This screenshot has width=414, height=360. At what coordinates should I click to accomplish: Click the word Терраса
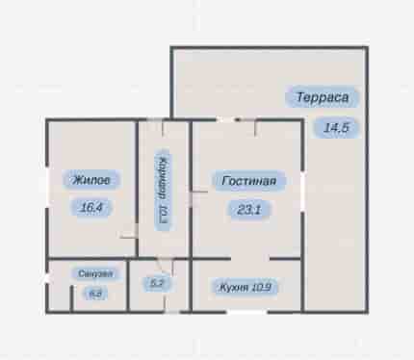[x=323, y=97]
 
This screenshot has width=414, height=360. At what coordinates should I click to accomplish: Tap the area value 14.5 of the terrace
[x=336, y=128]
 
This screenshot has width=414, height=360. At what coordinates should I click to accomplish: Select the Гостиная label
[x=248, y=181]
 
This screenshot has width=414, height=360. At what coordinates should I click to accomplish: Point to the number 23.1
[x=248, y=210]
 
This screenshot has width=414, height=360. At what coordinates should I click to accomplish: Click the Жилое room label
[x=91, y=180]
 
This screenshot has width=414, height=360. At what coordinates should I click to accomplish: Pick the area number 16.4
[x=91, y=208]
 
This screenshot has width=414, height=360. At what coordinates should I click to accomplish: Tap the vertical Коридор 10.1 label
[x=163, y=190]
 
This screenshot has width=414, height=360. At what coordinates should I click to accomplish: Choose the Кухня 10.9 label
[x=245, y=287]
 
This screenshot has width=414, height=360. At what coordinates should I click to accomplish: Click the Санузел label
[x=95, y=273]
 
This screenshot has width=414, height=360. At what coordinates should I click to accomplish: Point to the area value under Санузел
[x=95, y=294]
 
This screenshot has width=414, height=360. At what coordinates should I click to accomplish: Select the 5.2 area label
[x=157, y=283]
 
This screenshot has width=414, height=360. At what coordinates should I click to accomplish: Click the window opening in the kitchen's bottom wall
[x=246, y=312]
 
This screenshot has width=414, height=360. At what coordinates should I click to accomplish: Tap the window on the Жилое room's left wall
[x=47, y=187]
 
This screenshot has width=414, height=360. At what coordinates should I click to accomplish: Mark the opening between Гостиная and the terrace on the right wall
[x=302, y=192]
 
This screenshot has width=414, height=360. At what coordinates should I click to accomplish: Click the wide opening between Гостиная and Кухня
[x=250, y=258]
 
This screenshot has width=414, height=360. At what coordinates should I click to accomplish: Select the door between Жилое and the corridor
[x=129, y=232]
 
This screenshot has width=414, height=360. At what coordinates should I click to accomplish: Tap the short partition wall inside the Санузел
[x=72, y=298]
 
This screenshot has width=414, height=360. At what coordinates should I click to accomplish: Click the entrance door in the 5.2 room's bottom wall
[x=171, y=312]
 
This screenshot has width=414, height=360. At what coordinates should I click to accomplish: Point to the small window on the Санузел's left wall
[x=47, y=278]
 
